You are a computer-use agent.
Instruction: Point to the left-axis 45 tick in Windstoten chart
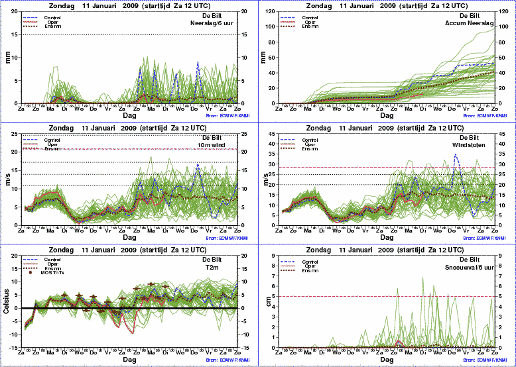tap(275, 134)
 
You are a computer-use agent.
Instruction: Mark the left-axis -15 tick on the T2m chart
tap(16, 346)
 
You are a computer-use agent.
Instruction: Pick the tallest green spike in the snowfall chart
tap(423, 278)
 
